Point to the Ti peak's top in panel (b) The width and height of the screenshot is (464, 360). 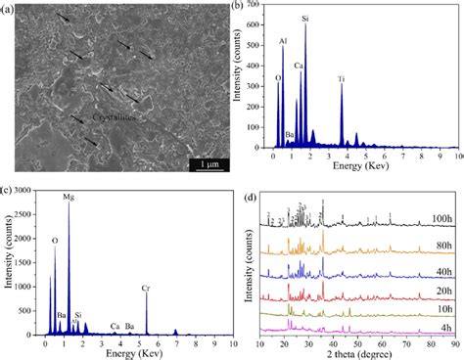coord(342,84)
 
